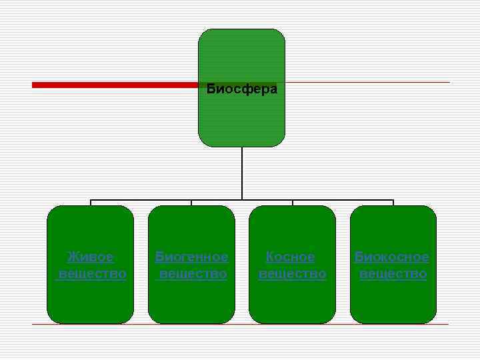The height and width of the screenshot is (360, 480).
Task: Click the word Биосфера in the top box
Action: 241,89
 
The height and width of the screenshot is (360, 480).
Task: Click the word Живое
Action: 91,257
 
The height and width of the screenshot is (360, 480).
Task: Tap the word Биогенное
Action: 191,257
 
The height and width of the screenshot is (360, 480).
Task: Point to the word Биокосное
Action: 392,257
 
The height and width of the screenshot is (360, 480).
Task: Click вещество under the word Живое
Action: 92,274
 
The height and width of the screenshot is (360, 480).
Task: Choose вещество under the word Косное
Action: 292,274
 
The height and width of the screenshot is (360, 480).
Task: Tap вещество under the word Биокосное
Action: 393,274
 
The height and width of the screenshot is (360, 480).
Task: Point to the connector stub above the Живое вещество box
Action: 91,203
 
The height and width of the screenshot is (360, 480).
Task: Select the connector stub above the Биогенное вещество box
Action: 191,203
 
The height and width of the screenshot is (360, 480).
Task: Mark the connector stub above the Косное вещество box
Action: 293,203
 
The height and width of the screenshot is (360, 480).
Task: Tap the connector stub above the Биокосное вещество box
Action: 393,203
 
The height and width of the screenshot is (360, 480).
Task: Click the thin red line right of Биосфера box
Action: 367,83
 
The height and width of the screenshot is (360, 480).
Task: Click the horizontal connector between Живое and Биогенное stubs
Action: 141,199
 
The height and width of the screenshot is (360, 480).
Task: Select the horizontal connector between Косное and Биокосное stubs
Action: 343,199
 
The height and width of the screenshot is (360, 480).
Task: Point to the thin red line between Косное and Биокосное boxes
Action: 343,324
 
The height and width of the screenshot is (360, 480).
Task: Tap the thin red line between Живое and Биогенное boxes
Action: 141,324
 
